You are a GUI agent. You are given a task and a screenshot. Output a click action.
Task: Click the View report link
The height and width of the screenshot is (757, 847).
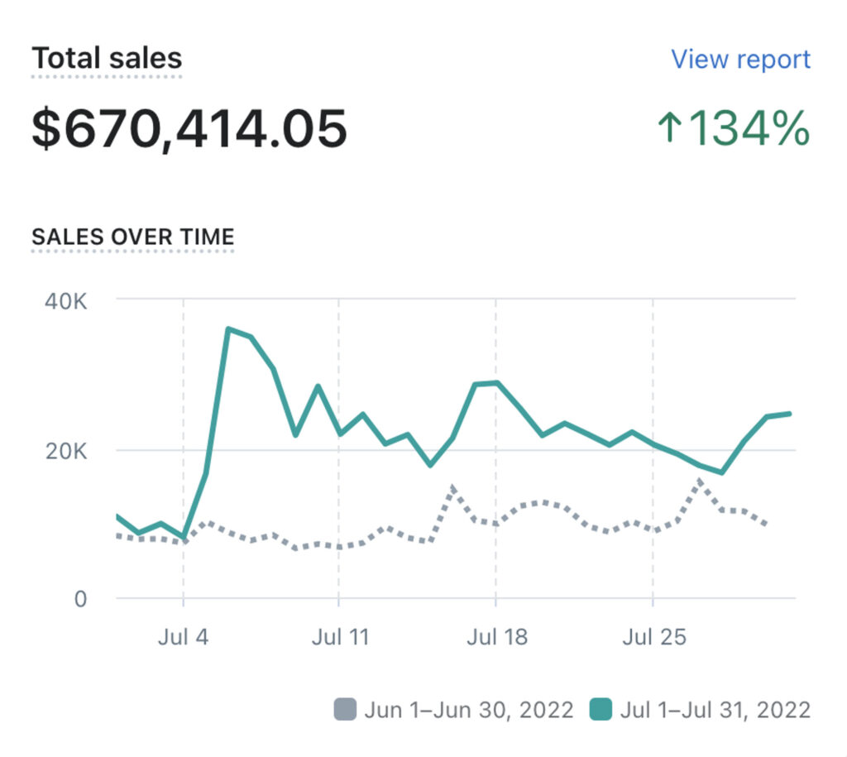pos(740,60)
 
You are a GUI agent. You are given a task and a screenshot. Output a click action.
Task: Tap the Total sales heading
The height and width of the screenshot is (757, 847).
pos(107,59)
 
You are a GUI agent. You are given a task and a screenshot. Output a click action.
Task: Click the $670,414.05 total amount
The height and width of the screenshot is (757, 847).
pos(189,129)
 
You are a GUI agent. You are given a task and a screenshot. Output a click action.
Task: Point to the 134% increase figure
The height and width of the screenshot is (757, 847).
pos(748,129)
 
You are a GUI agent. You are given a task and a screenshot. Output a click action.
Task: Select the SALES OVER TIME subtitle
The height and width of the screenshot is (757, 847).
pos(132,237)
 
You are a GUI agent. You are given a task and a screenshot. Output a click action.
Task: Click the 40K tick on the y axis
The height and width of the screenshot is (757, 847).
pos(66,299)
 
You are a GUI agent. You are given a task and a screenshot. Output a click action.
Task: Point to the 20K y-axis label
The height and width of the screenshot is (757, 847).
pos(66,452)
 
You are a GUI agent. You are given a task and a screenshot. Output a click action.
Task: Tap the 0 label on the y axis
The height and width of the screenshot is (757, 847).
pos(80,598)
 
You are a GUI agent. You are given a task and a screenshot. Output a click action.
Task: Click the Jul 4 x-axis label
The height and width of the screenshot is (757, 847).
pos(183,638)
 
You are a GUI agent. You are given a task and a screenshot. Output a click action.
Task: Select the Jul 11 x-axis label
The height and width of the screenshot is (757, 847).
pos(339,638)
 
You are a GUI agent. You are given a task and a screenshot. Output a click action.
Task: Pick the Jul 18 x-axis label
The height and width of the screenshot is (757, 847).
pos(496,638)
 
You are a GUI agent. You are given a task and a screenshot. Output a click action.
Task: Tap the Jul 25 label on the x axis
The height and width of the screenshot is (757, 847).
pos(653,638)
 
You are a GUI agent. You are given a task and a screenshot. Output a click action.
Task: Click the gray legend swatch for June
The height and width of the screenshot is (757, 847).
pos(345,710)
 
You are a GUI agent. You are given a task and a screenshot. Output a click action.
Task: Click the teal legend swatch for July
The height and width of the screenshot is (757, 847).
pos(601,710)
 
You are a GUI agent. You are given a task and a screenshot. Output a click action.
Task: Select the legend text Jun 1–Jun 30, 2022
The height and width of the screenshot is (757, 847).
pos(469,710)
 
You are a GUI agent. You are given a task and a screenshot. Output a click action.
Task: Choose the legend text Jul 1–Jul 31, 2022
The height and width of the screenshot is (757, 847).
pos(715,710)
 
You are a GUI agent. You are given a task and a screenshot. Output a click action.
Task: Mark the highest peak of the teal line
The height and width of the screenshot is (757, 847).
pos(228,329)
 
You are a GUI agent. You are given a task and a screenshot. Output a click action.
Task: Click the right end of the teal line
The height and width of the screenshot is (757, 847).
pos(791,413)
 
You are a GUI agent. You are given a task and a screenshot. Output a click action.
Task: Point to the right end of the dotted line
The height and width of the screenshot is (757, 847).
pos(768,524)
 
